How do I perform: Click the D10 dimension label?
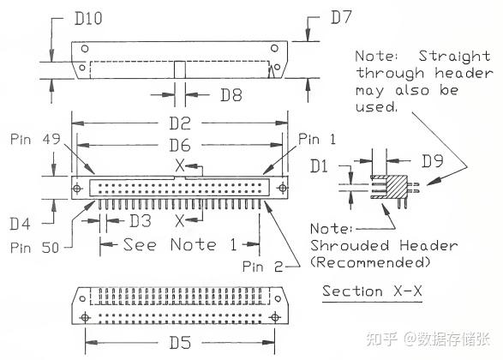(88, 18)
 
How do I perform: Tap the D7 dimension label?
(341, 17)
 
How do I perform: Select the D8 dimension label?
(231, 95)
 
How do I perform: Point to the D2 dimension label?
(180, 123)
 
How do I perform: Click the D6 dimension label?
(180, 146)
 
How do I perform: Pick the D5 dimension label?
(180, 343)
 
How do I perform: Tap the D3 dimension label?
(141, 221)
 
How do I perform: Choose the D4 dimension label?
(20, 224)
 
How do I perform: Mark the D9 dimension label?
(432, 161)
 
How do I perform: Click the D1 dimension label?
(319, 166)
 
